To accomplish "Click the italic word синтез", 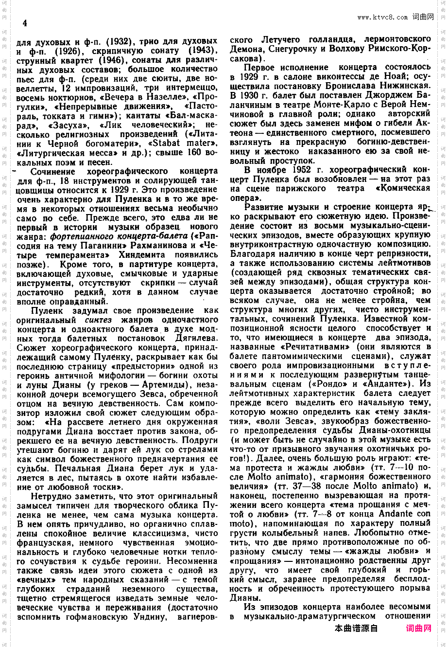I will click(x=98, y=320).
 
